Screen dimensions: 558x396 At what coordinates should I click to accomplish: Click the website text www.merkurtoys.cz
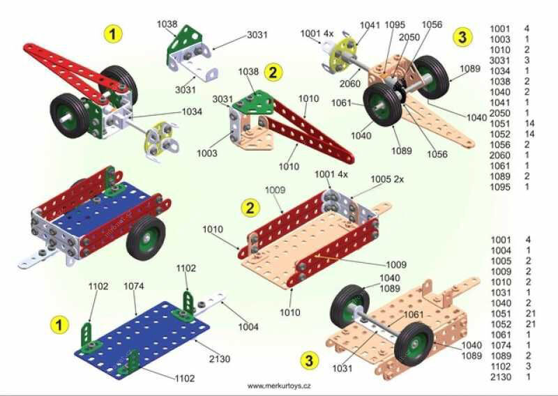point(279,386)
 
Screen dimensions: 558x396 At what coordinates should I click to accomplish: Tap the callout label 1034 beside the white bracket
point(192,112)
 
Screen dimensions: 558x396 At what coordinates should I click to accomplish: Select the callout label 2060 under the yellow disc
point(350,84)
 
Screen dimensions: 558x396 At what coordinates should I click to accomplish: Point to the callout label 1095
point(395,25)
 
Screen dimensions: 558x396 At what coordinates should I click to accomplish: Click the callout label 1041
point(370,25)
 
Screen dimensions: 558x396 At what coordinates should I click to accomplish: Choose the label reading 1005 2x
point(387,179)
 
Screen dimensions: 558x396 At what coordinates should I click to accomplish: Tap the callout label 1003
point(206,153)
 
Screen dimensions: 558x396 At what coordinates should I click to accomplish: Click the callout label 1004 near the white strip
point(248,326)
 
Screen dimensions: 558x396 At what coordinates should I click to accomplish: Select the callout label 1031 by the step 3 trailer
point(342,368)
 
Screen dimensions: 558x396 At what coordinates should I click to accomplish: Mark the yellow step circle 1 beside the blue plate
point(59,325)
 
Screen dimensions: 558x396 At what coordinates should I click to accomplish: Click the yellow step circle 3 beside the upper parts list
point(462,37)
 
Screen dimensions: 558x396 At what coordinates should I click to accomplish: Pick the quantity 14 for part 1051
point(529,124)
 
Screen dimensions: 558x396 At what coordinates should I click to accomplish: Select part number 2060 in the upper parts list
point(499,155)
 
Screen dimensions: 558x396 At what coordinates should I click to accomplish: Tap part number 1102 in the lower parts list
point(501,367)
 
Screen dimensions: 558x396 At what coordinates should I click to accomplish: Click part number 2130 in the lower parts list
point(501,377)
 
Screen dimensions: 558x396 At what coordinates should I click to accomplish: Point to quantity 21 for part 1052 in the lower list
point(530,324)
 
